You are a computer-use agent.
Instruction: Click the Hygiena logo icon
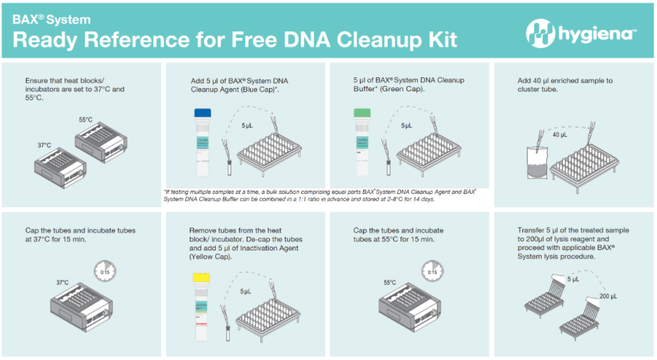pos(538,31)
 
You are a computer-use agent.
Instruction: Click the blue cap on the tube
pos(202,113)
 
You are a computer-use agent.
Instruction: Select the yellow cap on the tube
pos(202,278)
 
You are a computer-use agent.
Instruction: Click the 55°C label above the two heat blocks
pos(85,120)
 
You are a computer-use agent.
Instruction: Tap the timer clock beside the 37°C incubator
pos(103,269)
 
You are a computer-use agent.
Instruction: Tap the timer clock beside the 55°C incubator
pos(432,270)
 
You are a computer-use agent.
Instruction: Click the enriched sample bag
pos(538,163)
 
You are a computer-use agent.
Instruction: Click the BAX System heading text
pos(52,19)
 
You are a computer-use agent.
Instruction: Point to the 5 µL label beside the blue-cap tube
pos(246,125)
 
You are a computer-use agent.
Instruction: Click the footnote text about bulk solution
pos(320,195)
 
